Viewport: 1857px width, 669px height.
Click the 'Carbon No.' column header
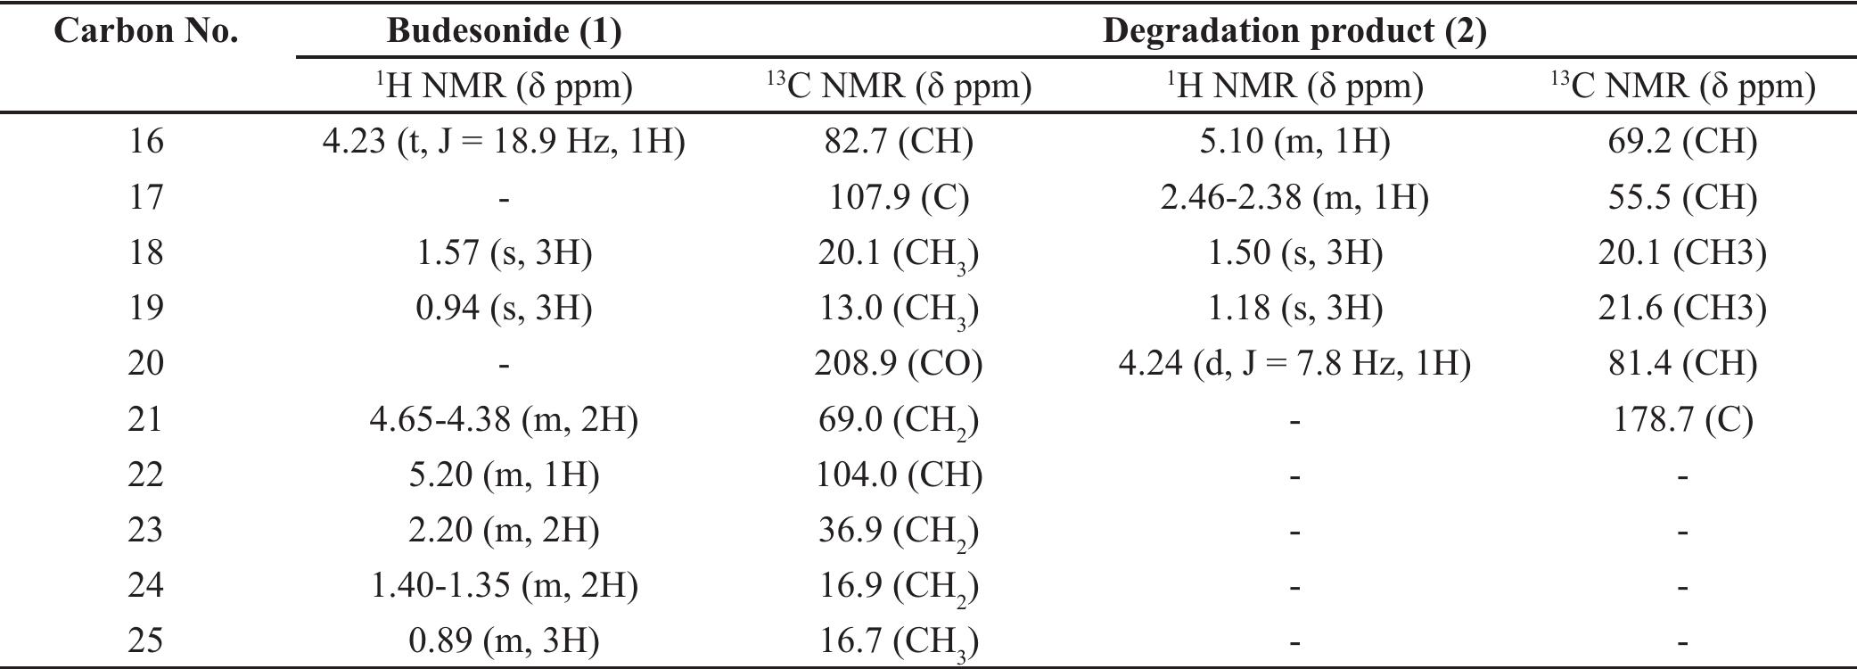click(146, 31)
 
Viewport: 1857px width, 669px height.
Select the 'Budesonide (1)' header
click(504, 31)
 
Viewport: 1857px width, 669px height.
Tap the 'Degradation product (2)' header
click(1294, 31)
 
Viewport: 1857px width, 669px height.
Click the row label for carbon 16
click(146, 141)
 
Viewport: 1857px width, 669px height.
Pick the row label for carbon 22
click(146, 474)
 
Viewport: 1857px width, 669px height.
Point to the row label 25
click(146, 640)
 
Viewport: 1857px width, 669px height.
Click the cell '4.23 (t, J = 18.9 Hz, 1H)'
click(504, 141)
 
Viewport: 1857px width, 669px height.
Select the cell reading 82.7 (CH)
click(898, 141)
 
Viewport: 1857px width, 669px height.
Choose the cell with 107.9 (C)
click(898, 196)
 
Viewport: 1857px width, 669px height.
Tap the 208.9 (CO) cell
click(898, 363)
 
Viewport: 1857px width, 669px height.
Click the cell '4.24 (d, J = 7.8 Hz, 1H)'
click(1294, 363)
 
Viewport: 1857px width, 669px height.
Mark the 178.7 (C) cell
click(1682, 418)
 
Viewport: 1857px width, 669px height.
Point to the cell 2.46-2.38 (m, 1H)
click(1294, 196)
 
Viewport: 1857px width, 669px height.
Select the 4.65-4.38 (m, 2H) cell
click(504, 418)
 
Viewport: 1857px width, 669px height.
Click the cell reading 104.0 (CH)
click(898, 474)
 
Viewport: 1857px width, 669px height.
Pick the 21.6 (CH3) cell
click(1682, 308)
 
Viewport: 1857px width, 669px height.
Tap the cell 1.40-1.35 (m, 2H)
click(504, 585)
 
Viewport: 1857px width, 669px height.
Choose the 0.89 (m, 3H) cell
click(504, 640)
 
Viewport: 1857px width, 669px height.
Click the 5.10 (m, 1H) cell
click(1294, 141)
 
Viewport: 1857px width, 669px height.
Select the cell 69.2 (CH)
click(1682, 141)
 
